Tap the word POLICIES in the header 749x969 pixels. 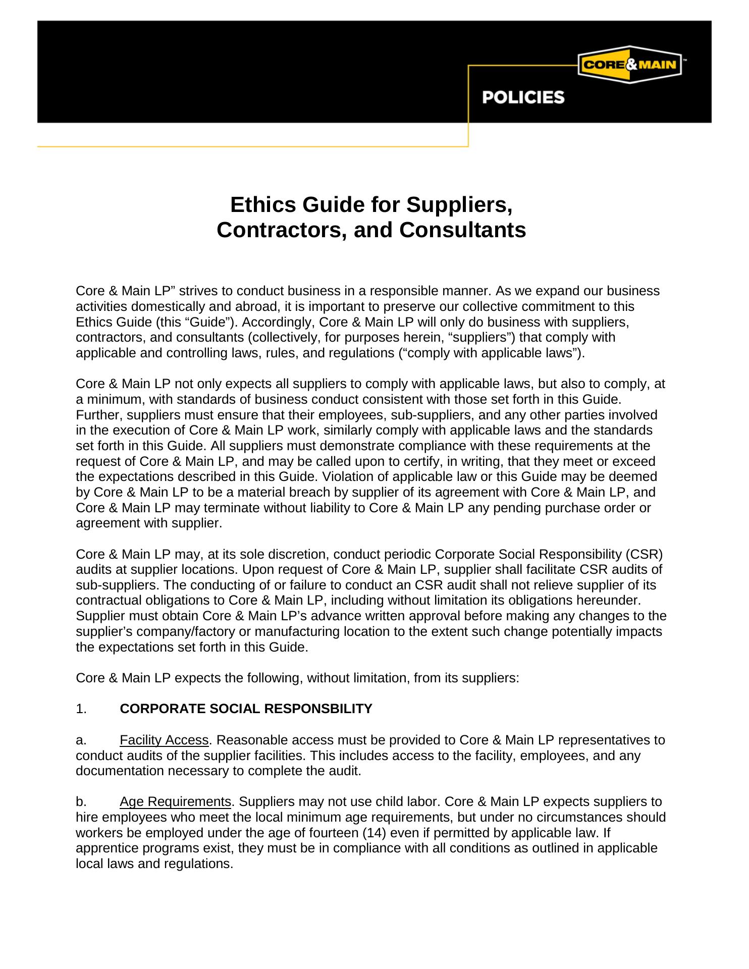pyautogui.click(x=523, y=97)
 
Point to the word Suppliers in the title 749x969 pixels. pyautogui.click(x=459, y=205)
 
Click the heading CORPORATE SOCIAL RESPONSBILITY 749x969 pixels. pyautogui.click(x=246, y=709)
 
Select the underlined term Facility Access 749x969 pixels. pyautogui.click(x=164, y=740)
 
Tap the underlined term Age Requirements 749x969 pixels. pyautogui.click(x=175, y=802)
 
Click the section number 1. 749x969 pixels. pyautogui.click(x=81, y=709)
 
